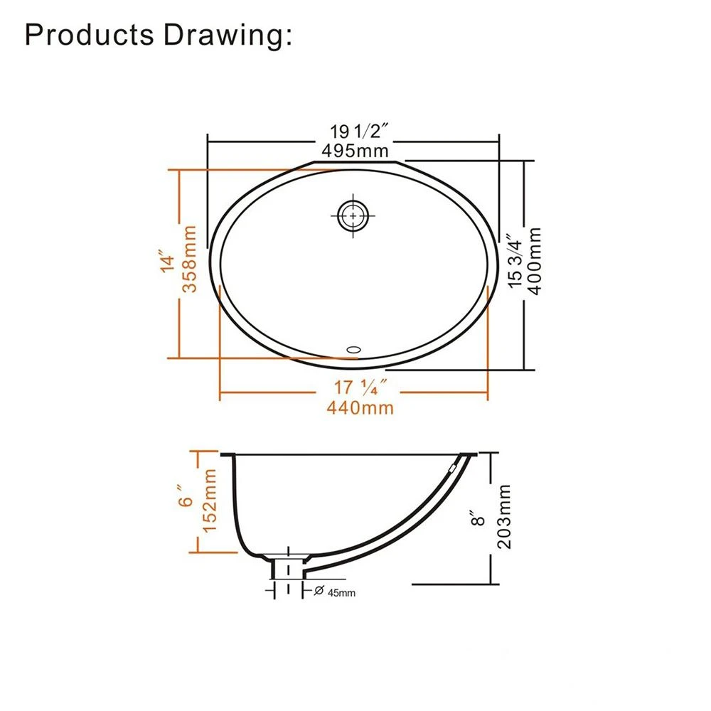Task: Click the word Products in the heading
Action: point(90,35)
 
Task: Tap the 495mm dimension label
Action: point(355,151)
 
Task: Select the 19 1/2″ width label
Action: point(359,132)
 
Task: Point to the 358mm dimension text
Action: point(189,259)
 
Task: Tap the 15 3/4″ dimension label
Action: point(515,261)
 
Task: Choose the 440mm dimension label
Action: point(360,408)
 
